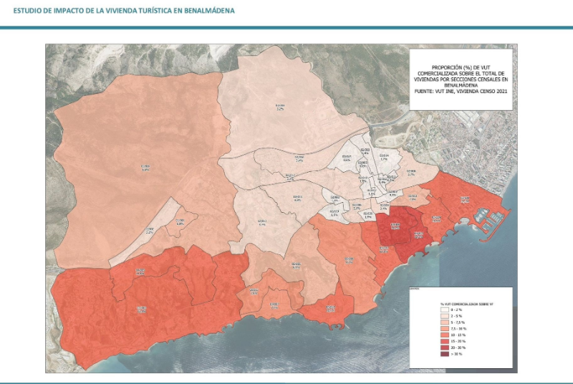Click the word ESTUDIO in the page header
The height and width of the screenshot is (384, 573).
point(25,11)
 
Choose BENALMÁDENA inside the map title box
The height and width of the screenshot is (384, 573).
point(461,85)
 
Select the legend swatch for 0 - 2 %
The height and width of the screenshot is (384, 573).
point(445,309)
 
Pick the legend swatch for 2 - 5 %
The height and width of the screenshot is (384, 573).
point(445,316)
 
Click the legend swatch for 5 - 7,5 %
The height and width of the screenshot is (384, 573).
point(445,322)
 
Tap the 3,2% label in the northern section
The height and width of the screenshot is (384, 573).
point(280,108)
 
